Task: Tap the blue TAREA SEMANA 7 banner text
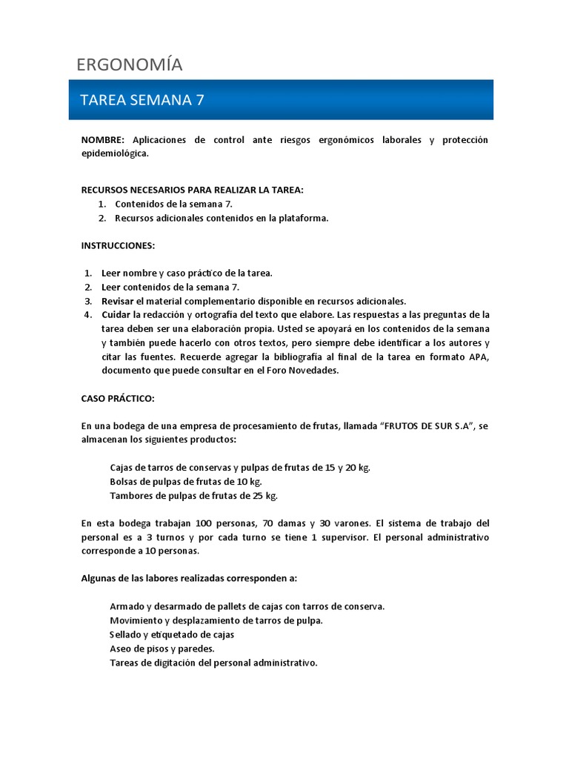142,100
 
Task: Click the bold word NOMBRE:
104,140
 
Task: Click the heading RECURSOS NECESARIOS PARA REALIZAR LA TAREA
192,190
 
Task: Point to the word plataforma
303,218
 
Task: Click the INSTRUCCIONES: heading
118,245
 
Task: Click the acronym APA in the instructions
476,357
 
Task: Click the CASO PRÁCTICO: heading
117,398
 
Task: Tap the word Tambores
131,496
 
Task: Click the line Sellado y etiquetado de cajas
172,634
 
